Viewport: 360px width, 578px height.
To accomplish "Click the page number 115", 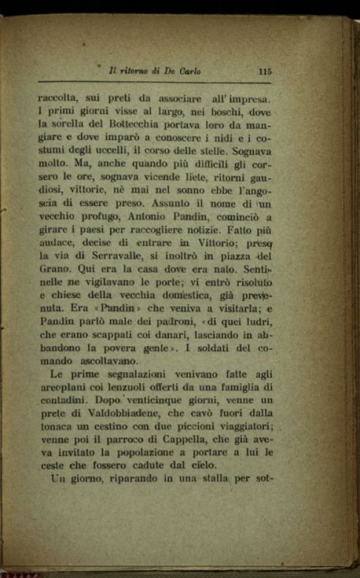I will (x=264, y=71).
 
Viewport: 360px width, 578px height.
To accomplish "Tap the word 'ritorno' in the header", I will (x=135, y=71).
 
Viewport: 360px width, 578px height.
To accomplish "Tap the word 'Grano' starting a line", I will (x=52, y=269).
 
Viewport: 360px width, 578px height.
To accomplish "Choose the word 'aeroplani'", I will (x=60, y=386).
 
